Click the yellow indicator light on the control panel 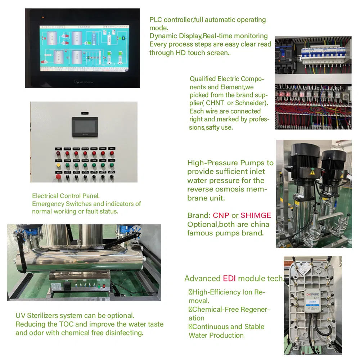pyautogui.click(x=58, y=166)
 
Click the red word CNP pyautogui.click(x=221, y=216)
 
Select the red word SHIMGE pyautogui.click(x=256, y=216)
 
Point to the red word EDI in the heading pyautogui.click(x=229, y=278)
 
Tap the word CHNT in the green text pyautogui.click(x=215, y=103)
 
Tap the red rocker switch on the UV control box pyautogui.click(x=105, y=286)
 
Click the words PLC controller pyautogui.click(x=171, y=20)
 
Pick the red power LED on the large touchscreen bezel pyautogui.click(x=42, y=17)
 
